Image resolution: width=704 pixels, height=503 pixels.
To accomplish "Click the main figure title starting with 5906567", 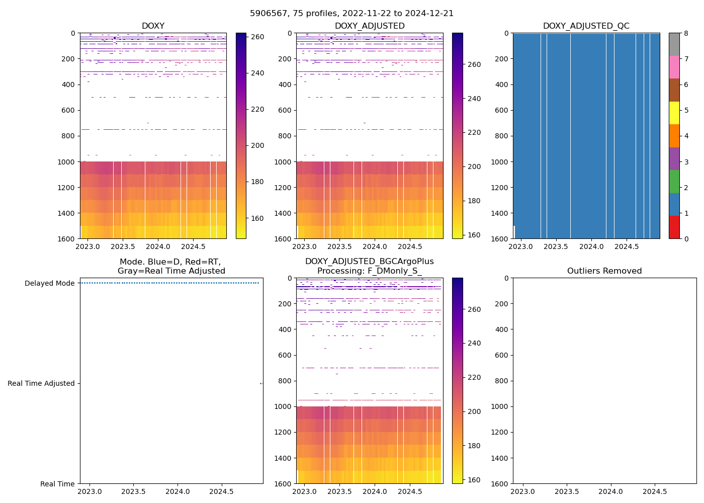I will point(352,14).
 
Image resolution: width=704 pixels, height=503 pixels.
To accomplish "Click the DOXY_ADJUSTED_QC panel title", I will point(586,26).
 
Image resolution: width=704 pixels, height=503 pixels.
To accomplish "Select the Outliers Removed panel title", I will point(604,271).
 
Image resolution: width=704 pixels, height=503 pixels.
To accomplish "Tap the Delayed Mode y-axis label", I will point(49,283).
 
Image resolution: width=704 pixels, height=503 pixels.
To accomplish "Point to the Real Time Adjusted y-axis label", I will point(41,383).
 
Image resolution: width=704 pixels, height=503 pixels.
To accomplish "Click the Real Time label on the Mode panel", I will point(57,484).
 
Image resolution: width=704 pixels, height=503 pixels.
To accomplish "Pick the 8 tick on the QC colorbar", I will point(686,33).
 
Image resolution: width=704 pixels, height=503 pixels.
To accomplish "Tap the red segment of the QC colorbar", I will point(674,227).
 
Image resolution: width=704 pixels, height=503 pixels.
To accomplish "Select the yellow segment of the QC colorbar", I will point(674,113).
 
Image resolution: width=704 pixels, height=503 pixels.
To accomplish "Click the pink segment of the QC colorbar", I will point(674,67).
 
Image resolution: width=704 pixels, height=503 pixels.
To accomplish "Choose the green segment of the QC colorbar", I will point(674,182).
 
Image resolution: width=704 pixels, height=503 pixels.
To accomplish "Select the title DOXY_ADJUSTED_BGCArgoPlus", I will point(369,262).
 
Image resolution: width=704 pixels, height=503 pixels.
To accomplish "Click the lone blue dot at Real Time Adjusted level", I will point(261,383).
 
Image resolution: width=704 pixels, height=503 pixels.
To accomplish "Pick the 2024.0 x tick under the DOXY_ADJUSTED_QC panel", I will point(591,246).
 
